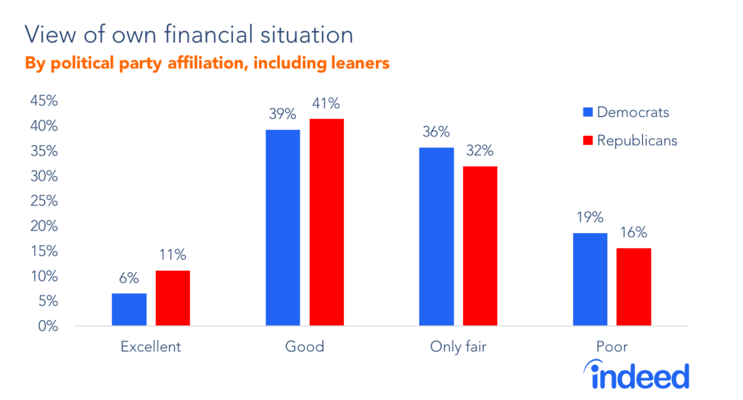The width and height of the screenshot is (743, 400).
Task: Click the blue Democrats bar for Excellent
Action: (129, 310)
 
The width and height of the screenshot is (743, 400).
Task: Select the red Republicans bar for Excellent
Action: (173, 298)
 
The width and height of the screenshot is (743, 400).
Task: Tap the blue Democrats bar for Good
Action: (283, 228)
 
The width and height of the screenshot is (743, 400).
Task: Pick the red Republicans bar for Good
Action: (327, 222)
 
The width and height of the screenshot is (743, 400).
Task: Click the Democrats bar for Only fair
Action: (437, 237)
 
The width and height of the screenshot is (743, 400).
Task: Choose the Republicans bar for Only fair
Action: (480, 246)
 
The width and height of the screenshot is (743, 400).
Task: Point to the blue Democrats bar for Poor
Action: (590, 279)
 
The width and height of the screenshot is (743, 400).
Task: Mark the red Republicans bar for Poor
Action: (633, 287)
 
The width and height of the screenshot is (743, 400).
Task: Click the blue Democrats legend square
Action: (588, 113)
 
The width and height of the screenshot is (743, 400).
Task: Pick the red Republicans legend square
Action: (588, 141)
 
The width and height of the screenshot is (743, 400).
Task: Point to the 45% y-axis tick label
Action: (44, 101)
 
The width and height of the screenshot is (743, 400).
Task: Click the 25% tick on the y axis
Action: (44, 201)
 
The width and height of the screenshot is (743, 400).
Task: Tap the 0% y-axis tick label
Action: (48, 326)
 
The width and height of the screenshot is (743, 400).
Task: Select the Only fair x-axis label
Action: (458, 347)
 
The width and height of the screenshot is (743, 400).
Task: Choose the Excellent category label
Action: (150, 347)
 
